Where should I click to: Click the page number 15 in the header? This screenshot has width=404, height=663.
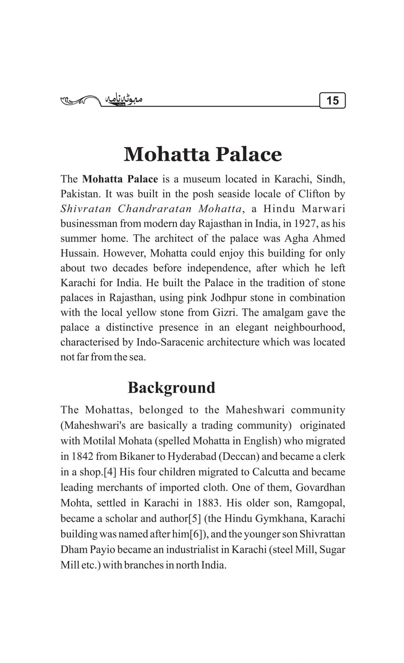click(x=332, y=101)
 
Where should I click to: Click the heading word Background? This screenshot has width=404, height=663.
click(x=171, y=388)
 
